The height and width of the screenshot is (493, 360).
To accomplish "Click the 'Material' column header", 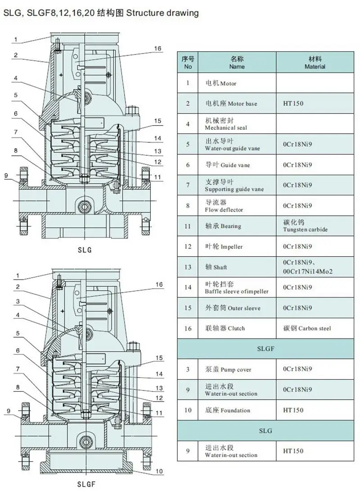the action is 315,62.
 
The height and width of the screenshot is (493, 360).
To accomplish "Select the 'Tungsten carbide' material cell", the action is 315,226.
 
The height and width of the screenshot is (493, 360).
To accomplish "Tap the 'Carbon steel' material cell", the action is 315,328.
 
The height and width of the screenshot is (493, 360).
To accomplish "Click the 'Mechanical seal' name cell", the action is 237,124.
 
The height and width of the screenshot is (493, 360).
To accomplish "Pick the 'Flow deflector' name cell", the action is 237,206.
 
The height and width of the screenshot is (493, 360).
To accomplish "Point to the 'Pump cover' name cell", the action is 237,369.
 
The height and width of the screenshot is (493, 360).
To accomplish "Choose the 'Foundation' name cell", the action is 237,410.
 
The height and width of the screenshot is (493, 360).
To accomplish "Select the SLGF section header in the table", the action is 265,348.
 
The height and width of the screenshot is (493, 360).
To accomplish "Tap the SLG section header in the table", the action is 265,431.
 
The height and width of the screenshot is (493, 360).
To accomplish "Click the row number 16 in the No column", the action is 188,328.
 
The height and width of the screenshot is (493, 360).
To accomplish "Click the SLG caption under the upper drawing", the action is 85,250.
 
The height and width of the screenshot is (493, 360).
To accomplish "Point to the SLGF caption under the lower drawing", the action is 86,484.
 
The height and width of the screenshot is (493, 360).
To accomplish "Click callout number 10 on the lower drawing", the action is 159,471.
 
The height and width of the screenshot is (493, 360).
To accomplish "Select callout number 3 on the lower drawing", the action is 18,301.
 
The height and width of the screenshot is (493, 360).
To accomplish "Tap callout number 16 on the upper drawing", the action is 157,49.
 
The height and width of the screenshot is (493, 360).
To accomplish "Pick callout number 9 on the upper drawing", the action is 6,176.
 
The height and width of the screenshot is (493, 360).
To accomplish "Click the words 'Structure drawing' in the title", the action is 162,13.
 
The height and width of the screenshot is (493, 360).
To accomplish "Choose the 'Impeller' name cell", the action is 237,247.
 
